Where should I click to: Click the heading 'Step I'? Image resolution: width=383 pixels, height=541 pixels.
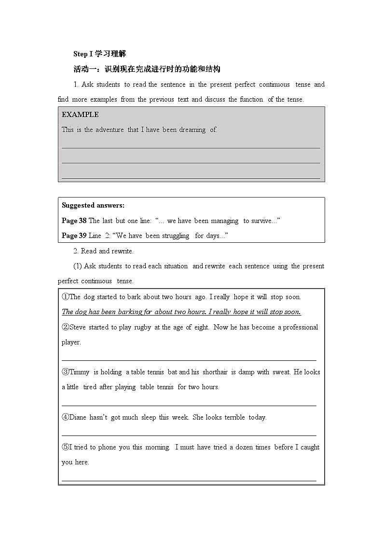point(82,54)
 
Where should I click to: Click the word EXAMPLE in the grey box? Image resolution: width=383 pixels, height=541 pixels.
point(80,115)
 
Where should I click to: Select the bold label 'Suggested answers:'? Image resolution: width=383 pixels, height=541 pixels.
point(93,205)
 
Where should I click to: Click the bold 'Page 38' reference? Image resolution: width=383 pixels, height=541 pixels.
point(74,221)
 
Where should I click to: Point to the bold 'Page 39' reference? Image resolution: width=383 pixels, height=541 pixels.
point(74,236)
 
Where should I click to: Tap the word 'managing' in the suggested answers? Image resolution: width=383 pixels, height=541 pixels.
point(224,221)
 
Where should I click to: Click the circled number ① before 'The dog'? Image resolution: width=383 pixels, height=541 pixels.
point(66,297)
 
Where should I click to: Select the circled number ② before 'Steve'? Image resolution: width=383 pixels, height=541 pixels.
point(66,327)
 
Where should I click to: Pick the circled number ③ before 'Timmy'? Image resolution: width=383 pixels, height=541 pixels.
point(66,372)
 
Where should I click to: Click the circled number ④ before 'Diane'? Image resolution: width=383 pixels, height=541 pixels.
point(66,417)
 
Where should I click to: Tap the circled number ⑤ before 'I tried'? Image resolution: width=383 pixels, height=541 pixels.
point(66,447)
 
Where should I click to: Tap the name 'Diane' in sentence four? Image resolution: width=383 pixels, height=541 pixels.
point(78,417)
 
